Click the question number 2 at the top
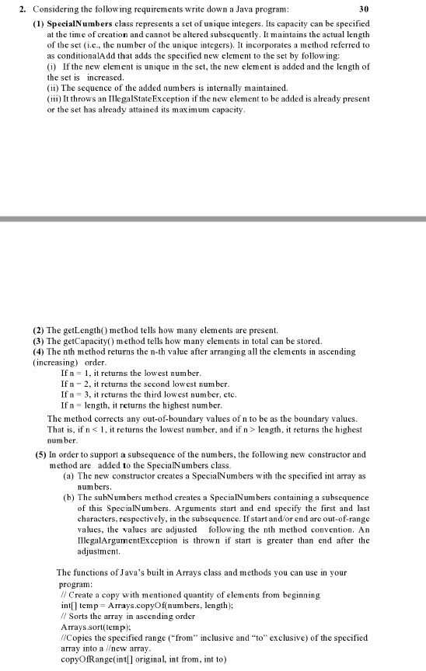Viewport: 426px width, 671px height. (x=23, y=9)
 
